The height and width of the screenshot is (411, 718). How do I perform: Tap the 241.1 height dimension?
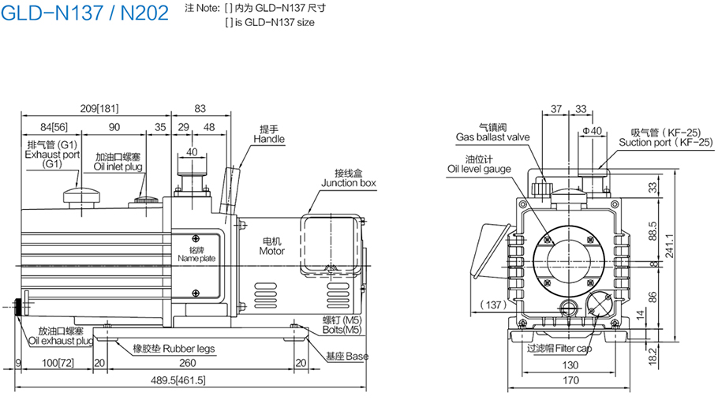click(669, 235)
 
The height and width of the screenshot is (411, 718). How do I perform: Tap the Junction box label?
click(348, 183)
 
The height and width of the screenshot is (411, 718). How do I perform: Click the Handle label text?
click(268, 139)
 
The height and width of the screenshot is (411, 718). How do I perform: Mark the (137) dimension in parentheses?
click(493, 305)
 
